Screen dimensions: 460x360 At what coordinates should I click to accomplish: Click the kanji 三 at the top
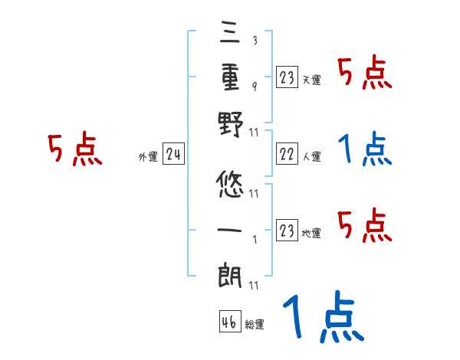click(x=230, y=34)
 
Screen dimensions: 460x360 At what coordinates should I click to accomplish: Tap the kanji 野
click(x=230, y=125)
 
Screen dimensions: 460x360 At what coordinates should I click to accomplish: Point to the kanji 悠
click(x=230, y=185)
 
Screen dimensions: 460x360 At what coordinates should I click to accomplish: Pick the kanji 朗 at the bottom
click(x=230, y=274)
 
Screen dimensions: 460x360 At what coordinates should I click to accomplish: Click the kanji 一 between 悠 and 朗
click(x=230, y=229)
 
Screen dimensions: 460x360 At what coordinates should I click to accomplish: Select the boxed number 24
click(x=173, y=155)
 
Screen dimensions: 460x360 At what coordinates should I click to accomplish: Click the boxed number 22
click(x=286, y=155)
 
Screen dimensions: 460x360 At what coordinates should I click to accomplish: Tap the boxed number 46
click(x=229, y=322)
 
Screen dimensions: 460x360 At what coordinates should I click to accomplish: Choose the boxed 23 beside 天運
click(x=286, y=77)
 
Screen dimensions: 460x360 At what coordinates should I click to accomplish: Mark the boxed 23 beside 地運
click(x=286, y=230)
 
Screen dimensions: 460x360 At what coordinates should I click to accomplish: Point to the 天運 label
click(x=311, y=79)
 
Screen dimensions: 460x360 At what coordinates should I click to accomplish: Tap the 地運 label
click(x=311, y=232)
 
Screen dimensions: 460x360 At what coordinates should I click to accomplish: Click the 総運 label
click(x=255, y=325)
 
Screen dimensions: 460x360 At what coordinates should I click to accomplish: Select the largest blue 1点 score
click(x=322, y=318)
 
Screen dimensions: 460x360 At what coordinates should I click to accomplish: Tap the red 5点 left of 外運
click(x=75, y=149)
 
